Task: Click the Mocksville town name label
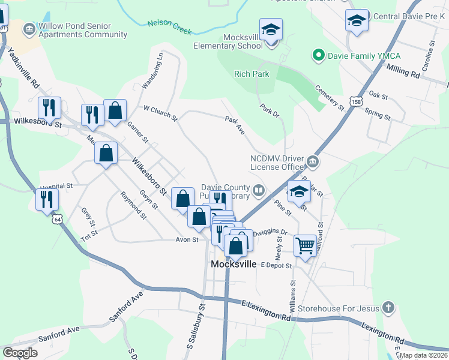tap(234, 264)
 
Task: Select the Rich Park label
tap(252, 74)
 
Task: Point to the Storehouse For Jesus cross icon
tap(388, 308)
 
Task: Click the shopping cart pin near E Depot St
tap(306, 245)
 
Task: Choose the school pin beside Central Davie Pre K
tap(357, 21)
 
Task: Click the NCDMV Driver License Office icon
tap(312, 162)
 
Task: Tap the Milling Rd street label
tap(403, 72)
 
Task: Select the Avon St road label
tap(187, 239)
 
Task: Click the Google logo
tap(20, 353)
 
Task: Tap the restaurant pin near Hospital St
tap(47, 199)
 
